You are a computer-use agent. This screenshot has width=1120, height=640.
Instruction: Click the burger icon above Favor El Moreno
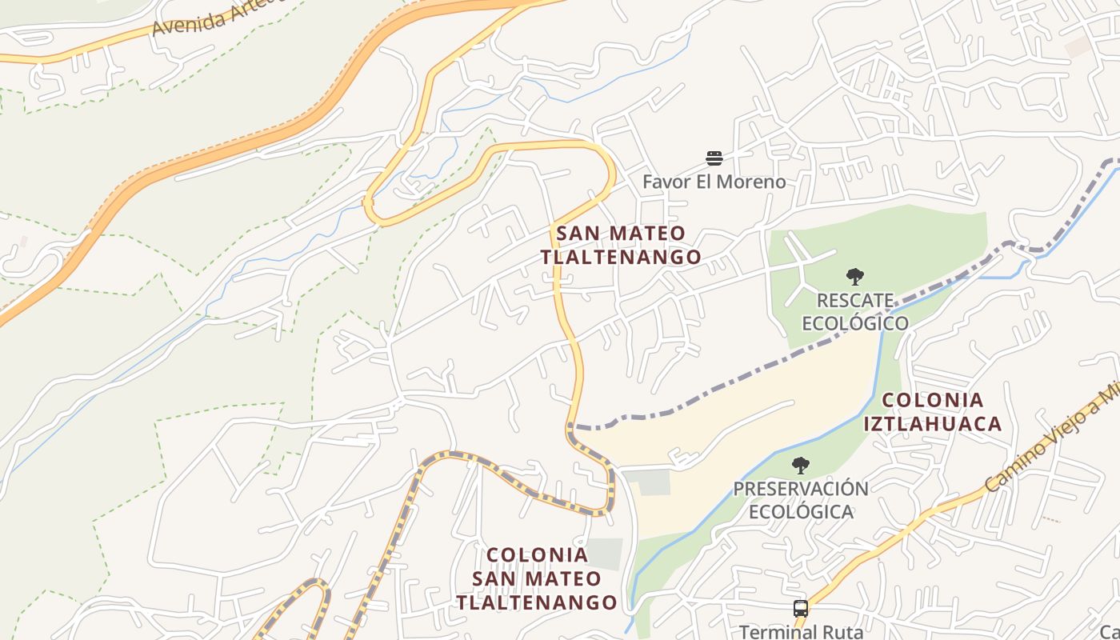714,158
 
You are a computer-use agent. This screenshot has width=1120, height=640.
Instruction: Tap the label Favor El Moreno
714,182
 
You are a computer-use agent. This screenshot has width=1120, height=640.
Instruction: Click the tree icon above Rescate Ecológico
854,278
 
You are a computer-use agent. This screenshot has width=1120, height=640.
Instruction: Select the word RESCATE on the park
854,301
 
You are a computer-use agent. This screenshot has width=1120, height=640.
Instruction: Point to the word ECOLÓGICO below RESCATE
854,323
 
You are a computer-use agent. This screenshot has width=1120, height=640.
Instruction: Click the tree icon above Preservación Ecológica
800,466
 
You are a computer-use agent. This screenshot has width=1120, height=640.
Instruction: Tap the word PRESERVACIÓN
800,489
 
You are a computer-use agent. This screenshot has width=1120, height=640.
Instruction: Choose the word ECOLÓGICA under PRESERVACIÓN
800,511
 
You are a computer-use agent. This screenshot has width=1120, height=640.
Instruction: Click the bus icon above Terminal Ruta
800,609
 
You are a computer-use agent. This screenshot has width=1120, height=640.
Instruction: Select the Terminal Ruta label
800,631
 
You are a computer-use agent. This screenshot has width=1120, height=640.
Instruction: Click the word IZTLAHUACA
932,423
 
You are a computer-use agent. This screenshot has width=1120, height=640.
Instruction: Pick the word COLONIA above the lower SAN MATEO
537,554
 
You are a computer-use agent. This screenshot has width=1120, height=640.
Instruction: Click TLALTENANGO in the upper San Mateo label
621,257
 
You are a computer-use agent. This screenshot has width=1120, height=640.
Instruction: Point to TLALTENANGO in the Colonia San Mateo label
537,602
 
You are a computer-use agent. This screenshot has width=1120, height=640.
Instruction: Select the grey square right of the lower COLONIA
605,554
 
